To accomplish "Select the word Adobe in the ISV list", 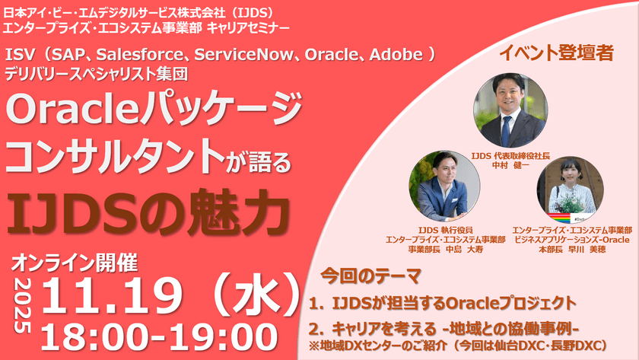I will coord(402,56).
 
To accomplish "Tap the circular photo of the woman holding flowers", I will coord(571,186).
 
